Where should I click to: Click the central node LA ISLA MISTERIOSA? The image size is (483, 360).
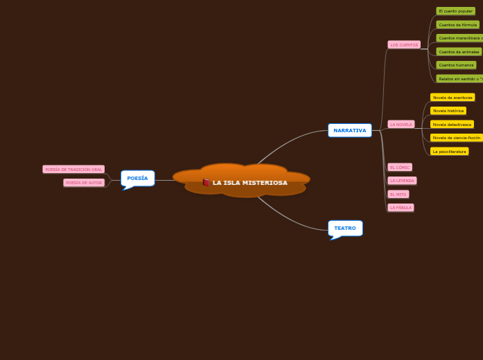tap(249, 183)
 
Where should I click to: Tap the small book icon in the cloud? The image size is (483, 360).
tap(207, 183)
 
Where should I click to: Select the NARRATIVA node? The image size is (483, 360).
tap(349, 130)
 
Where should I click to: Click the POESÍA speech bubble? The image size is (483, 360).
tap(137, 178)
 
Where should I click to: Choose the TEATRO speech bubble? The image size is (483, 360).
tap(345, 228)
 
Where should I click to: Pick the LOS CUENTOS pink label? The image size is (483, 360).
tap(404, 45)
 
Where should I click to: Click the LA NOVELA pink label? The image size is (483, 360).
tap(401, 125)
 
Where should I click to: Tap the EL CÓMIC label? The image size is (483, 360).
tap(400, 167)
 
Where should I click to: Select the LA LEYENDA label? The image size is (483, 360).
tap(402, 181)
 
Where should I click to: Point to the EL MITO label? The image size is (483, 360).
tap(398, 194)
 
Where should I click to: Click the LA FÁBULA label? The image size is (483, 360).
tap(401, 208)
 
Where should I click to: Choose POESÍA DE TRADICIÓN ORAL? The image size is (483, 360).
tap(73, 169)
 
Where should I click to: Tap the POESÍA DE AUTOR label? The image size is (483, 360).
tap(84, 183)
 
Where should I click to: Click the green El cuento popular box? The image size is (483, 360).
tap(455, 11)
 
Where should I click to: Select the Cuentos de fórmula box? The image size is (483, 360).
tap(457, 25)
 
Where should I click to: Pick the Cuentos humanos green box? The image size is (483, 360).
tap(456, 65)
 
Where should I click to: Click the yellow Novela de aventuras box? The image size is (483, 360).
tap(453, 98)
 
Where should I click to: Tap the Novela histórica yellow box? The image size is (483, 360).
tap(448, 111)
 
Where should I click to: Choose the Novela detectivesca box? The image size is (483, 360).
tap(452, 125)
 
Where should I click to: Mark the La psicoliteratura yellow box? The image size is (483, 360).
tap(449, 151)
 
